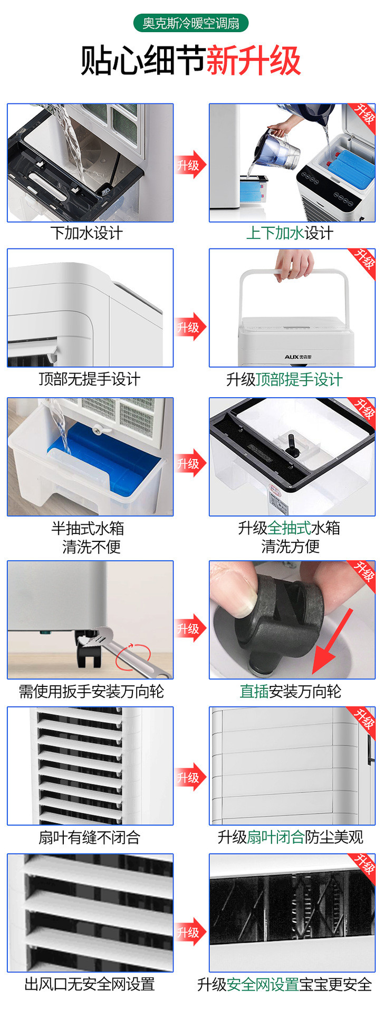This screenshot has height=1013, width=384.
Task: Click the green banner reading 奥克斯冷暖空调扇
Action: (191, 23)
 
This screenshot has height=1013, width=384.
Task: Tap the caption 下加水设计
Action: (87, 233)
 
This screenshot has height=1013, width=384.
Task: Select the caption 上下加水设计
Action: (290, 233)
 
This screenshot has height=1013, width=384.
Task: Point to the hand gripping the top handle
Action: (295, 264)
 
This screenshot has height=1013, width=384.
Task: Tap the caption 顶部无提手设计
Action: (90, 379)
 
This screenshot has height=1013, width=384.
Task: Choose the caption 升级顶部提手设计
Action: (284, 379)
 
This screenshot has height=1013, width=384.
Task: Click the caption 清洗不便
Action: (92, 547)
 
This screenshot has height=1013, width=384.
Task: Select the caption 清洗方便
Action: (291, 547)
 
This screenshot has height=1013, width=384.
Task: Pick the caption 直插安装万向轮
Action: (291, 691)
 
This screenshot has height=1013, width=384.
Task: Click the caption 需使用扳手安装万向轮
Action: (92, 691)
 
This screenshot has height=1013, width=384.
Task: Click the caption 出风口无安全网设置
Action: (90, 984)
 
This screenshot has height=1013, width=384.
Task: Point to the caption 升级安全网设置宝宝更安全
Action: (285, 985)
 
